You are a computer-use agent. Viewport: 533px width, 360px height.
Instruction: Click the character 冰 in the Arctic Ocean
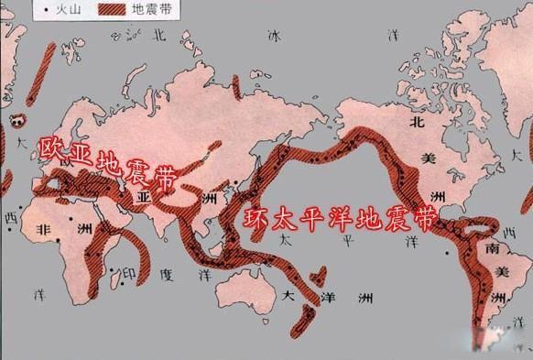point(271,36)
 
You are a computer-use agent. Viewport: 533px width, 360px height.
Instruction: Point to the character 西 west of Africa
point(11,219)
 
